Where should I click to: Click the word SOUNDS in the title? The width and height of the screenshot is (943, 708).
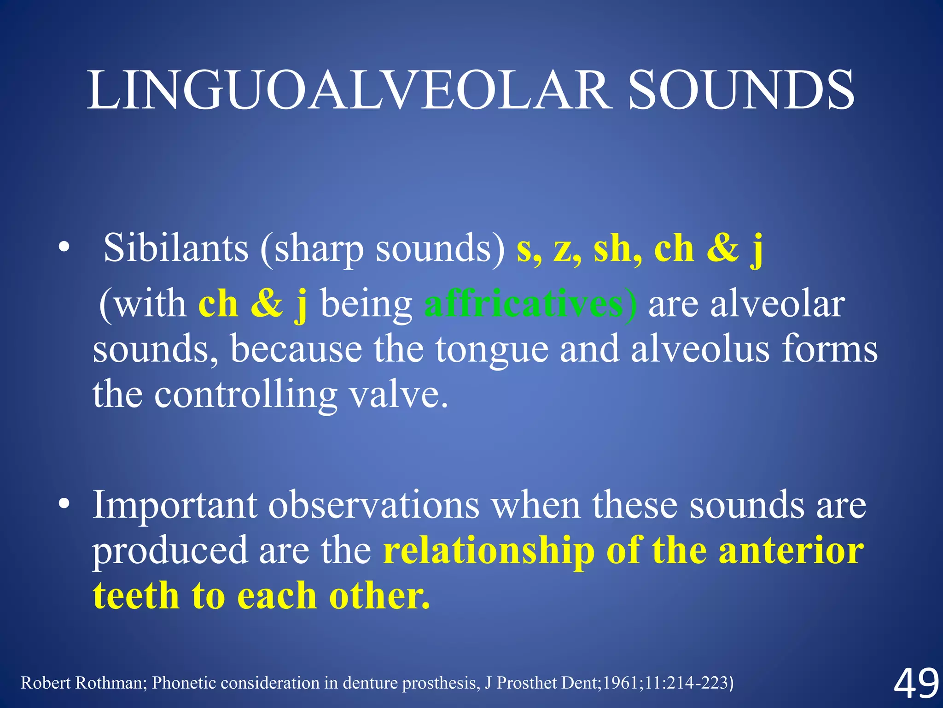(x=741, y=90)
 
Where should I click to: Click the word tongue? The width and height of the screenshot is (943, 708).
(x=492, y=349)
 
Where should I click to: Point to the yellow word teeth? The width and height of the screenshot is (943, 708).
(x=136, y=596)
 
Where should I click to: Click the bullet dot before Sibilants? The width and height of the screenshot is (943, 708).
(x=64, y=249)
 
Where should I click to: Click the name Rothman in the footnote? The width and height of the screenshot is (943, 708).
(x=111, y=683)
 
